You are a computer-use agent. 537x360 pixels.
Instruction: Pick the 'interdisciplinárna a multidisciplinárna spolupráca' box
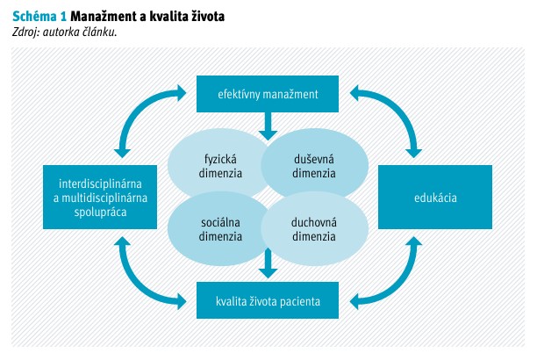pyautogui.click(x=103, y=198)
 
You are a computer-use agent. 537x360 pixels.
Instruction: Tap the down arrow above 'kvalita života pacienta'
pyautogui.click(x=268, y=261)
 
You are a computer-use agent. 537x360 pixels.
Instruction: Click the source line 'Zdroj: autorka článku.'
pyautogui.click(x=65, y=32)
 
